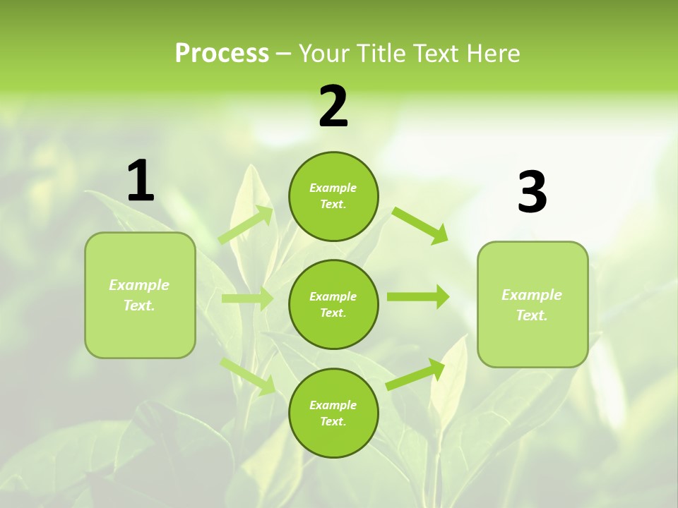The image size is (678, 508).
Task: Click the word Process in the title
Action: [222, 53]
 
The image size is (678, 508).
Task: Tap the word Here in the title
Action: [491, 53]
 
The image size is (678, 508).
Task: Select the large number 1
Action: [141, 181]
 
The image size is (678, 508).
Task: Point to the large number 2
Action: [333, 107]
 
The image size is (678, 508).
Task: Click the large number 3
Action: [532, 193]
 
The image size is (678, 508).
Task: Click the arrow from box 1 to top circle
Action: [246, 224]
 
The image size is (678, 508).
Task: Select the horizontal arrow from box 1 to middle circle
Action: [247, 298]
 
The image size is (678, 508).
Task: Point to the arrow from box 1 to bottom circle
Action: [248, 375]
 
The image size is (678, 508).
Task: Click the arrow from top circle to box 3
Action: [420, 225]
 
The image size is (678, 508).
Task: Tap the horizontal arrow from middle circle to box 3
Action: [417, 297]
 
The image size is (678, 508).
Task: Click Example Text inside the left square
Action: [139, 295]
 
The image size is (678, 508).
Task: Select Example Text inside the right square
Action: [532, 305]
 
